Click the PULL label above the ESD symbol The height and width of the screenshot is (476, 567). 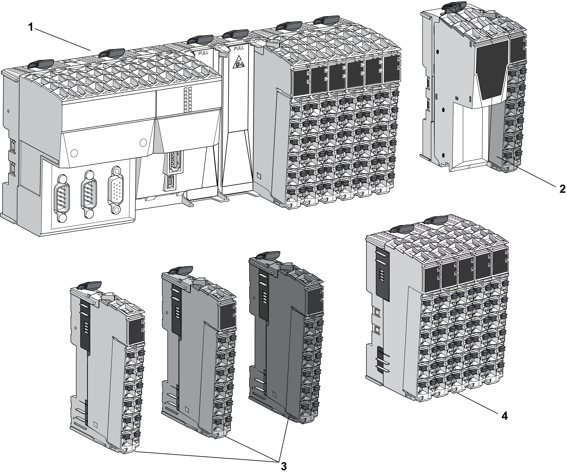point(239,48)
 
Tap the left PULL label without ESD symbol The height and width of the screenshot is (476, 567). point(203,52)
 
